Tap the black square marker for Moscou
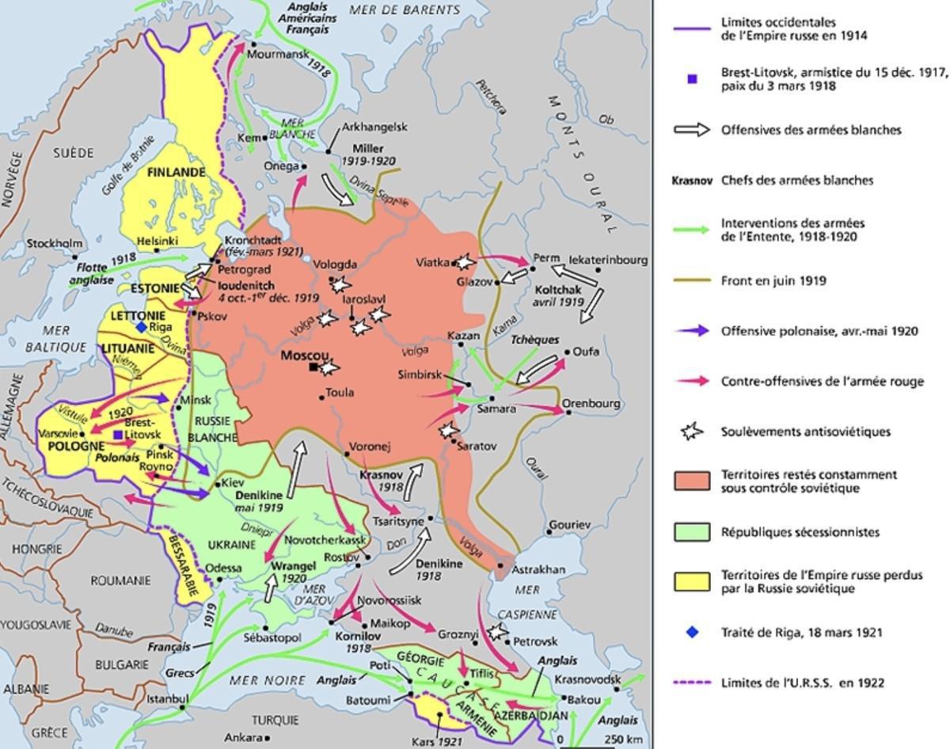pyautogui.click(x=314, y=367)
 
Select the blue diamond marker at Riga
pyautogui.click(x=141, y=327)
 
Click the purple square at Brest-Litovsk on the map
pyautogui.click(x=118, y=435)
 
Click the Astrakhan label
pyautogui.click(x=539, y=569)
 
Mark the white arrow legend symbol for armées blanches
pyautogui.click(x=691, y=130)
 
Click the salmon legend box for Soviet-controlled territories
pyautogui.click(x=691, y=481)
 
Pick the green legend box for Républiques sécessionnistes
pyautogui.click(x=691, y=532)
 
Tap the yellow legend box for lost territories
pyautogui.click(x=691, y=582)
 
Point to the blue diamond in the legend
pyautogui.click(x=692, y=633)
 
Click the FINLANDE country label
pyautogui.click(x=175, y=172)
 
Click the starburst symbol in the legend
pyautogui.click(x=691, y=432)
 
